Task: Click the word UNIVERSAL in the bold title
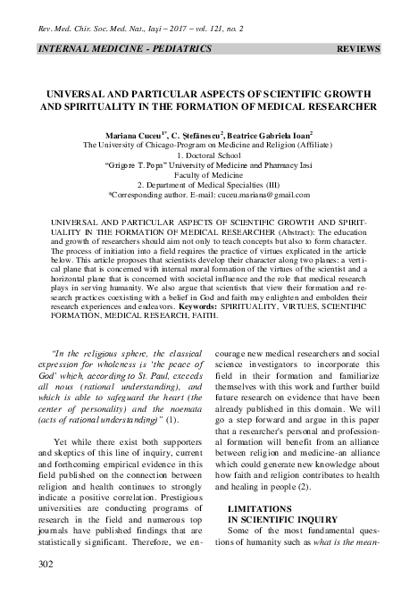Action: (77, 93)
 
